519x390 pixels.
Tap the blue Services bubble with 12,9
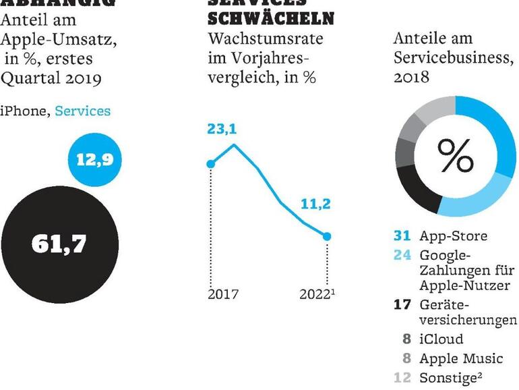[x=95, y=161]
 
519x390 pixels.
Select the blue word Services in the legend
[x=82, y=111]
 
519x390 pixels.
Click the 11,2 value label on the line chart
[x=315, y=204]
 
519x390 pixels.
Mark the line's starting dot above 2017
[x=210, y=163]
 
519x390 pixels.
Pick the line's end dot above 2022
[x=327, y=236]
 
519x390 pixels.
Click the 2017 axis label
[x=223, y=294]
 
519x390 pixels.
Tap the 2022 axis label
[x=315, y=294]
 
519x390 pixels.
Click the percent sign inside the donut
[x=456, y=156]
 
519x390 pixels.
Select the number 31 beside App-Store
[x=402, y=236]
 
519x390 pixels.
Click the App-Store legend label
[x=453, y=236]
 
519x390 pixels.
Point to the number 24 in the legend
[x=402, y=255]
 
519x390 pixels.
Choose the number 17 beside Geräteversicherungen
[x=402, y=304]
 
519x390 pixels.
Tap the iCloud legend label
[x=441, y=339]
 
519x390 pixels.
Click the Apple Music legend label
[x=460, y=358]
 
